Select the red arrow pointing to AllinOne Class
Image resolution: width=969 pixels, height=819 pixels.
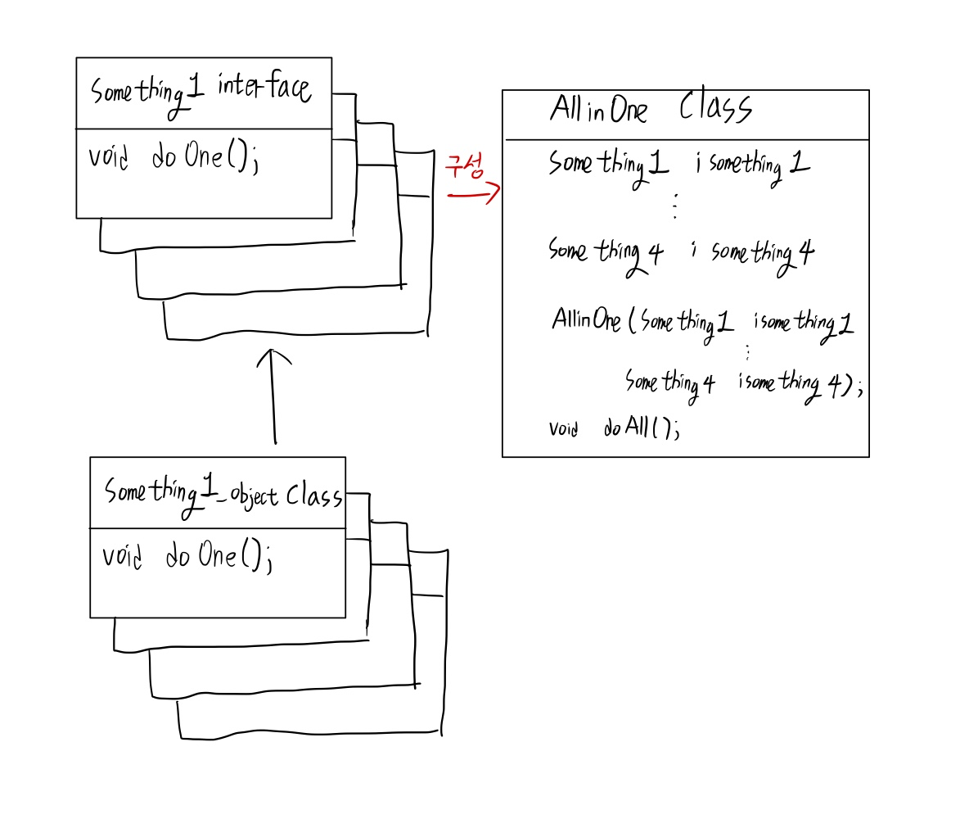click(x=473, y=195)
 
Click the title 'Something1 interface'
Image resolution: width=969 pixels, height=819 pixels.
click(x=201, y=91)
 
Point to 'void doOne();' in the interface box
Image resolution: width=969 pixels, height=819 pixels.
click(x=174, y=158)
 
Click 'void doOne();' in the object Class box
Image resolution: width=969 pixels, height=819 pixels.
click(x=187, y=557)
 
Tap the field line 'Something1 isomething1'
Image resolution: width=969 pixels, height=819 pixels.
click(x=679, y=165)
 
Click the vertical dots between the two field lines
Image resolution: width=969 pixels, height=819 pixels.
click(x=674, y=208)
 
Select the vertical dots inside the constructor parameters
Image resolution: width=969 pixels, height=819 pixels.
click(x=747, y=351)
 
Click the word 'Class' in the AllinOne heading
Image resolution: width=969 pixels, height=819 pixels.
click(x=714, y=109)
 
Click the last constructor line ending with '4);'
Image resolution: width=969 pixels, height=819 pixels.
click(x=743, y=383)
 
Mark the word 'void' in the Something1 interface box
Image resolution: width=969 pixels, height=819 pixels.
click(x=109, y=156)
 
